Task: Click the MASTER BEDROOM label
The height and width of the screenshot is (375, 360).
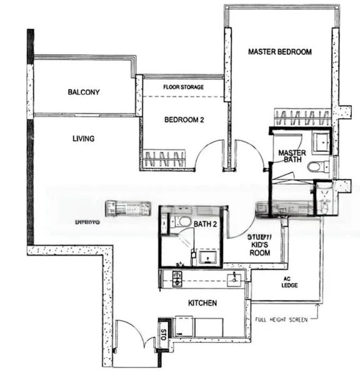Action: pos(279,51)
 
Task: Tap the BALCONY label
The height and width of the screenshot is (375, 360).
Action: pos(84,92)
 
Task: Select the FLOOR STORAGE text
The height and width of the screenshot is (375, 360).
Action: pos(183,87)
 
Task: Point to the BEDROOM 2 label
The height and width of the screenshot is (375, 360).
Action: pos(184,120)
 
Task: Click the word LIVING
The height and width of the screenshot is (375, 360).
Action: pos(82,139)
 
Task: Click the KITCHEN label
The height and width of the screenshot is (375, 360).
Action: pos(202,303)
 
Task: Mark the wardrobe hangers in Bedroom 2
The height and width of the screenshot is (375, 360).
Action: pos(164,157)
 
